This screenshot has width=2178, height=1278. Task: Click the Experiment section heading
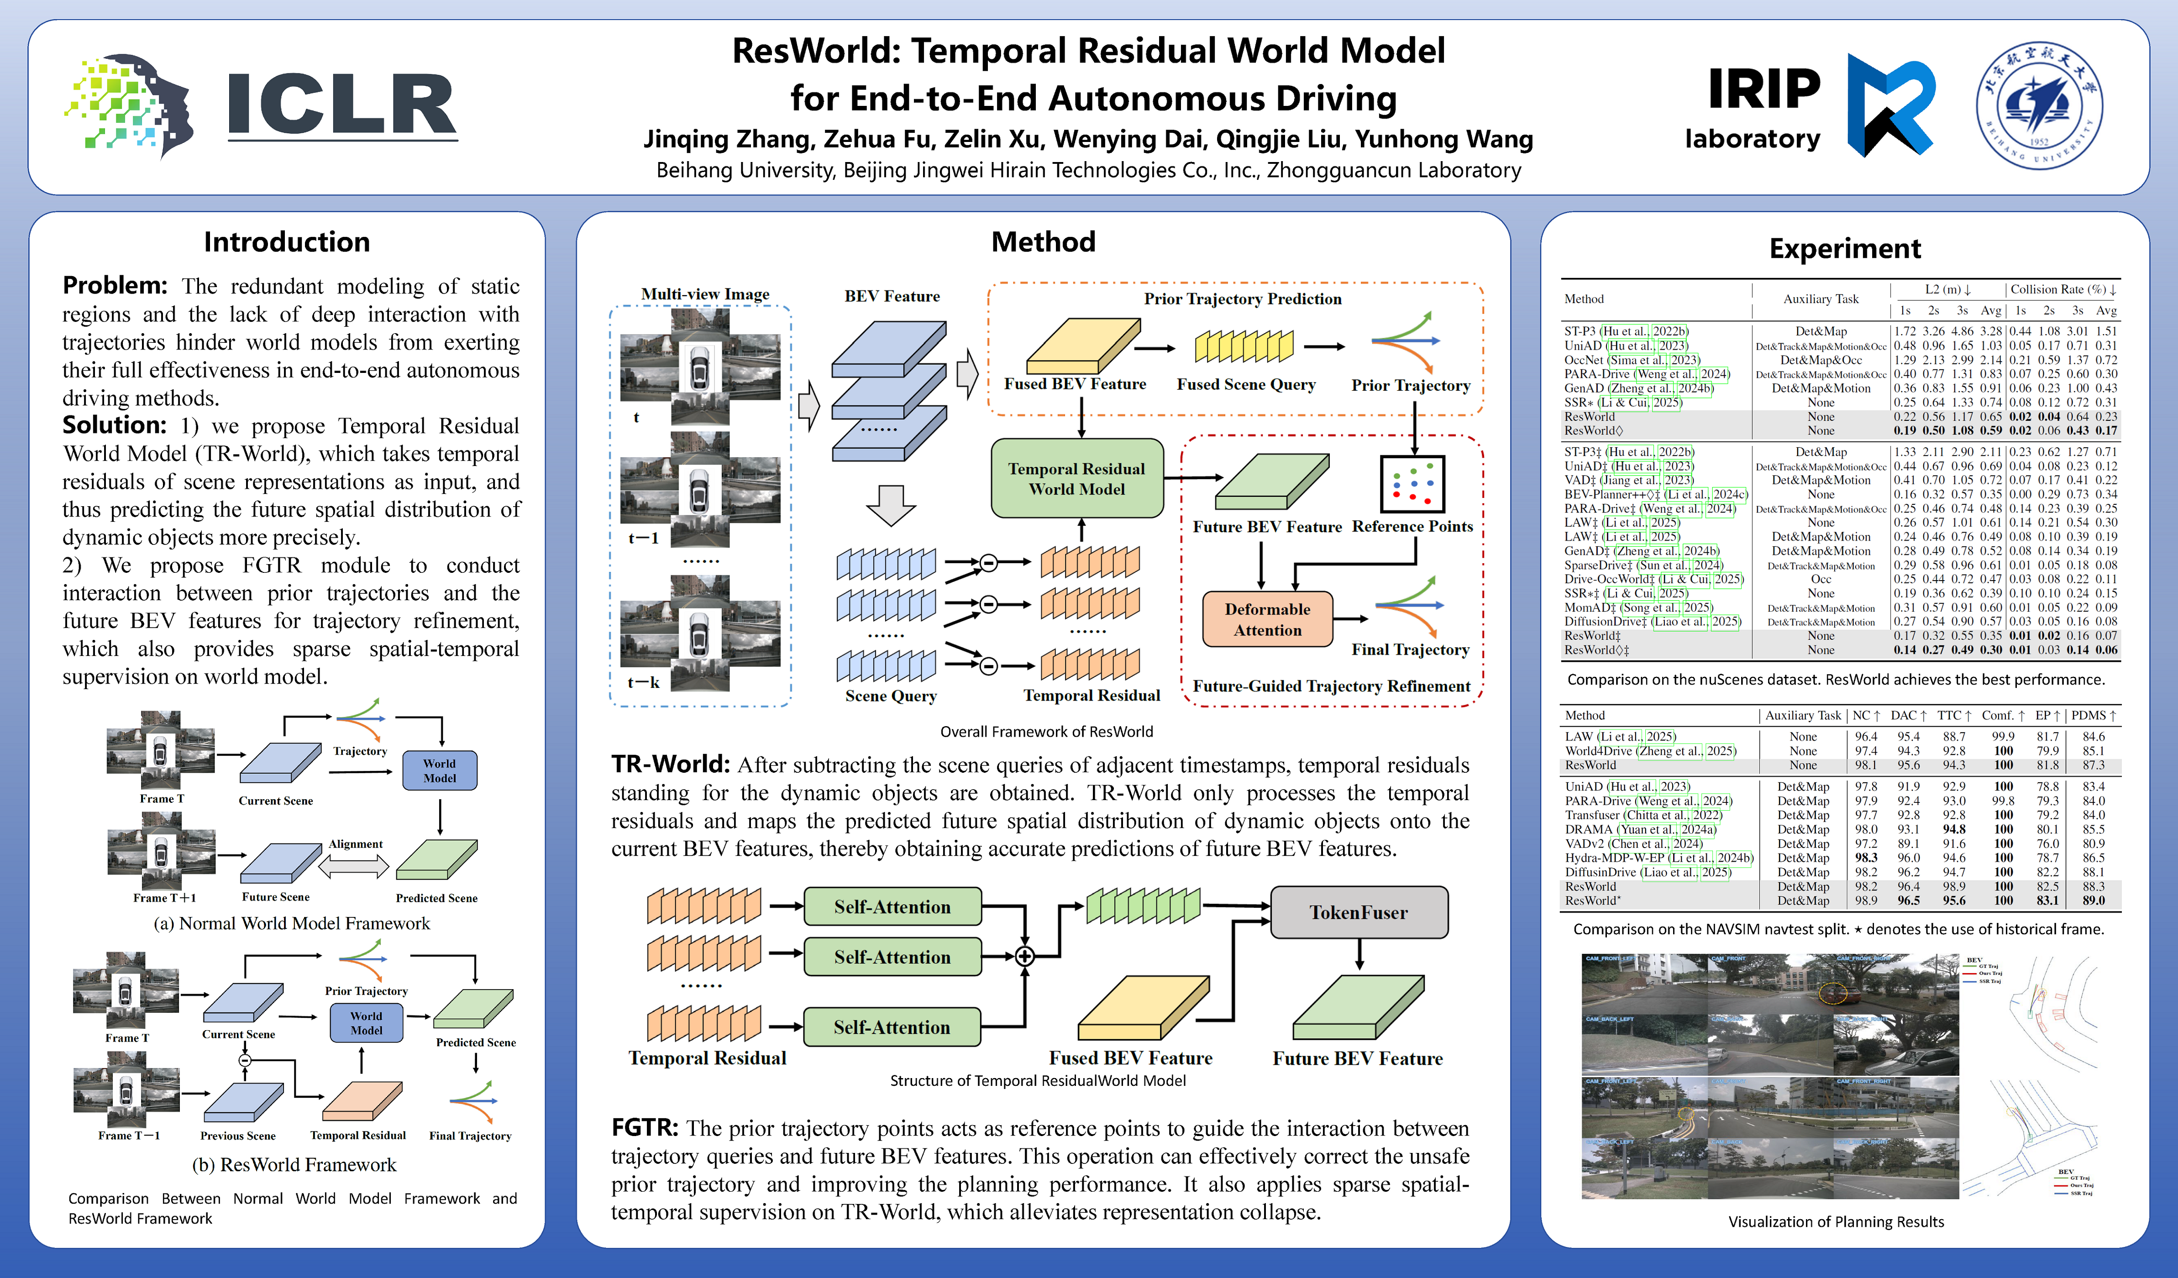pyautogui.click(x=1844, y=249)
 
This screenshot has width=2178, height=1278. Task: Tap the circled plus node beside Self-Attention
pyautogui.click(x=1024, y=956)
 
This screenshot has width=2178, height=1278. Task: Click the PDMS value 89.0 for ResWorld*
pyautogui.click(x=2093, y=901)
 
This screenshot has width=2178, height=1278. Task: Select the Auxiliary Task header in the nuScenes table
pyautogui.click(x=1820, y=299)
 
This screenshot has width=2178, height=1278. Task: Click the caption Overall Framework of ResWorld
pyautogui.click(x=1046, y=732)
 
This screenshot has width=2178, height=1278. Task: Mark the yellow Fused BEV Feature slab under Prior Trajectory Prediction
pyautogui.click(x=1082, y=346)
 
